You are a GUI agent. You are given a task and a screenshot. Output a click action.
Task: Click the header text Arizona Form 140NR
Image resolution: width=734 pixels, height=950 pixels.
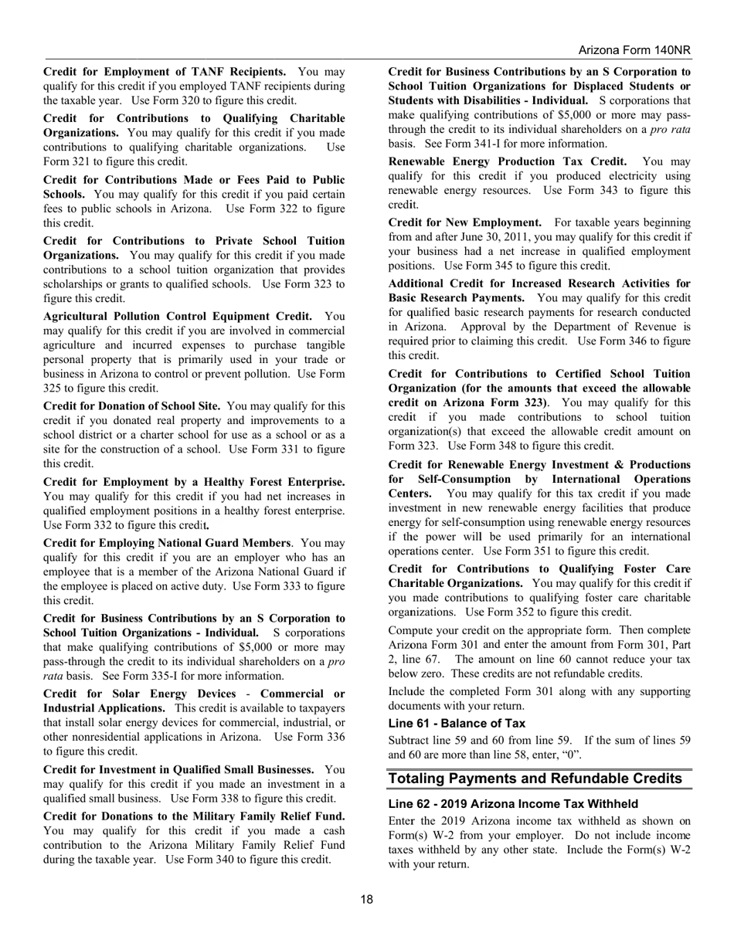click(634, 50)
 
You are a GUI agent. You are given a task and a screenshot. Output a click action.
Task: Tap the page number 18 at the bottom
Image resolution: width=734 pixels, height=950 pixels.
click(366, 898)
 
